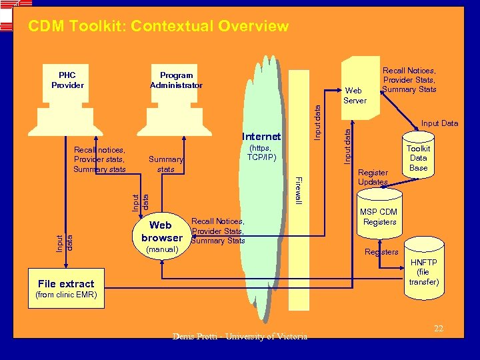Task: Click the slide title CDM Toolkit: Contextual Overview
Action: (159, 27)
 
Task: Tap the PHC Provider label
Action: (67, 80)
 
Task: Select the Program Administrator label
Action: (176, 80)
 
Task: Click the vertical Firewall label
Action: (299, 189)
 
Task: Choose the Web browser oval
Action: (161, 232)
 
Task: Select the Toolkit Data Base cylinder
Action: (418, 159)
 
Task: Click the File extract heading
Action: (66, 283)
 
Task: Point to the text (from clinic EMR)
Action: (66, 295)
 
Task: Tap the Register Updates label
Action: (373, 177)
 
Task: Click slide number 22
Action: (438, 328)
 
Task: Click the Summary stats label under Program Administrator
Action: (166, 164)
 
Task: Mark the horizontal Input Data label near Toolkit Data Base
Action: (439, 123)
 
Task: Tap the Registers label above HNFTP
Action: (381, 251)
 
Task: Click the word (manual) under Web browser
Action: (161, 249)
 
